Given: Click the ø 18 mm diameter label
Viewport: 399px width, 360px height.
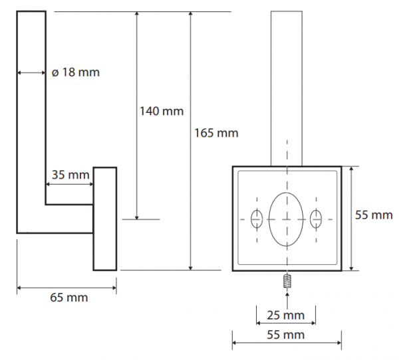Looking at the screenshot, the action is point(76,72).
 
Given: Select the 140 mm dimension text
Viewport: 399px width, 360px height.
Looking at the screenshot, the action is point(162,112).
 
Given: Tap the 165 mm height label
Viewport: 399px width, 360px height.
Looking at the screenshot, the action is point(216,134).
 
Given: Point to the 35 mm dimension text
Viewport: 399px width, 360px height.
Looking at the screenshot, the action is point(70,175).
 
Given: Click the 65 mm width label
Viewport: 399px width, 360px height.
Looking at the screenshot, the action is point(69,298).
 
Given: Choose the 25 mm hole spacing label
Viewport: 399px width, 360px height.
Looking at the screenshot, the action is point(286,315).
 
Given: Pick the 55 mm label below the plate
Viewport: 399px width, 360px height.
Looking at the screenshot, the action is point(286,335).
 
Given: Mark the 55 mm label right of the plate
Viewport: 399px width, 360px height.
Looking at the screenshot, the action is point(374,215).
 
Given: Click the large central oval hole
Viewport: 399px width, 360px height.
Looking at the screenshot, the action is point(286,219).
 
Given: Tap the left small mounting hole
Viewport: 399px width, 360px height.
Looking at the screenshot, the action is point(257,219).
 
